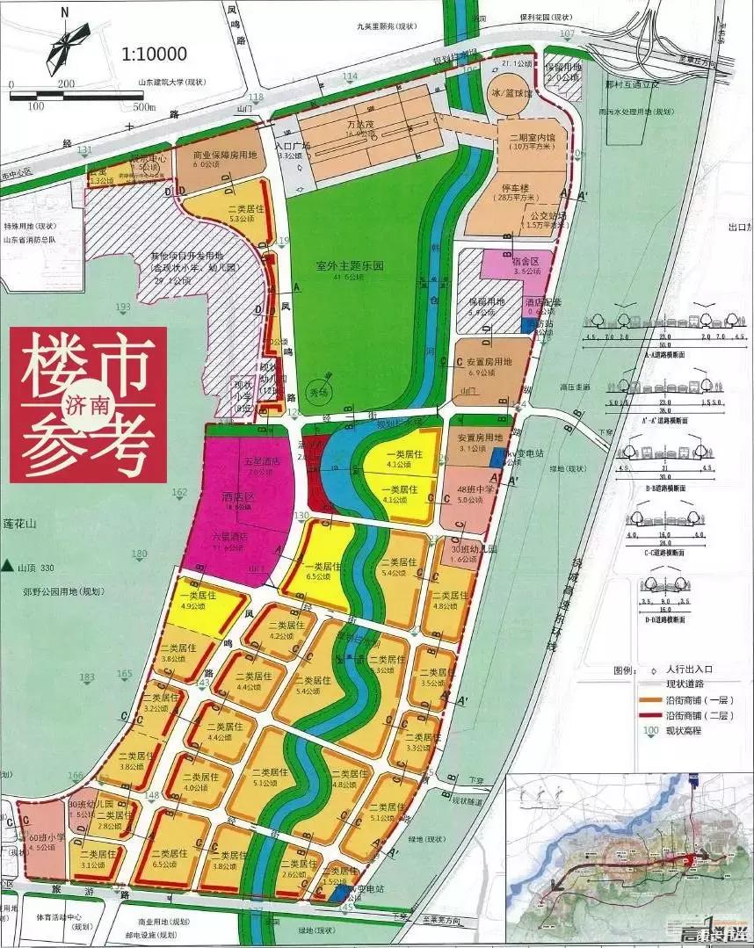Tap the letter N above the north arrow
point(66,12)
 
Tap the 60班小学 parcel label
point(47,838)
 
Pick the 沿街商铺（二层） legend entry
point(681,713)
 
